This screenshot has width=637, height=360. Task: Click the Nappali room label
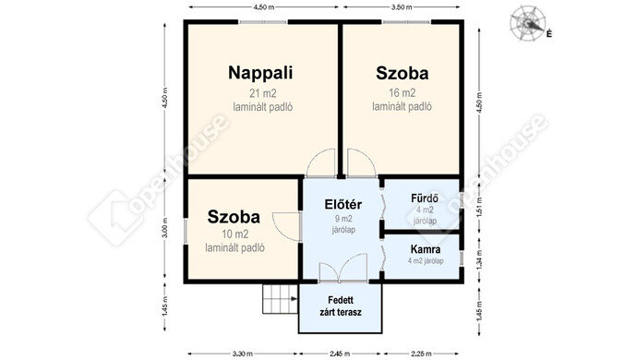click(260, 73)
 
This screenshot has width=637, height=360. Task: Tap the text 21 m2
click(263, 93)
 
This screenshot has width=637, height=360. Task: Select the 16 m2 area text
click(403, 93)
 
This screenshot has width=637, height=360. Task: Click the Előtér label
click(343, 204)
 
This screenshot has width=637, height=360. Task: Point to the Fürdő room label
click(425, 198)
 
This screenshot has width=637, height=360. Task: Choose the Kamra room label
click(426, 249)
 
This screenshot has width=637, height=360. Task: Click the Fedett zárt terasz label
click(341, 306)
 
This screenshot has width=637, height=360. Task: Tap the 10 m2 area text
click(235, 234)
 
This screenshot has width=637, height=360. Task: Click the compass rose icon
click(527, 23)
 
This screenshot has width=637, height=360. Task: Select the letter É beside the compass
click(549, 34)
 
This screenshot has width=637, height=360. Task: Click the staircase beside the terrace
click(281, 299)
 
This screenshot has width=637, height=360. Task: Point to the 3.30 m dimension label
click(243, 354)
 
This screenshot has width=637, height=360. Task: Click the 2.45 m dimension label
click(340, 354)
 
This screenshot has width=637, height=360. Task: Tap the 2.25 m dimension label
click(420, 354)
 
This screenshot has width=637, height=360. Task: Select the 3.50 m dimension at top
click(402, 6)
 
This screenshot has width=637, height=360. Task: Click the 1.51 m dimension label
click(479, 207)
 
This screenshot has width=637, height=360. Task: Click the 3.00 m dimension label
click(164, 228)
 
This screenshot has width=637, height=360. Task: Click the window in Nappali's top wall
click(263, 22)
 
